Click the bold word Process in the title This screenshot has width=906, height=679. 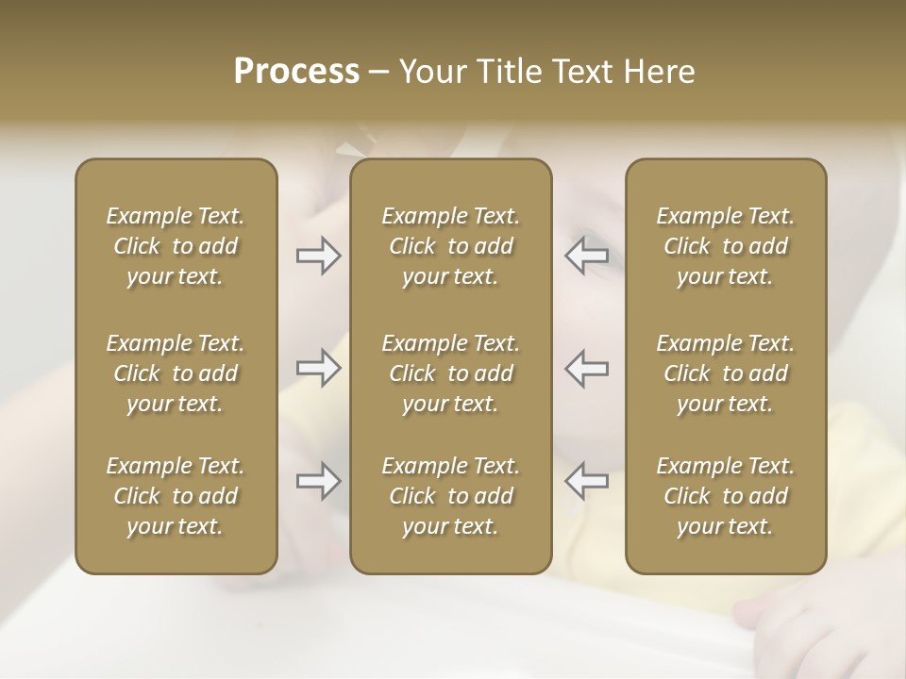click(296, 72)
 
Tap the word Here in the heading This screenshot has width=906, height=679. click(660, 72)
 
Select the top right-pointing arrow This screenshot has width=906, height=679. click(319, 256)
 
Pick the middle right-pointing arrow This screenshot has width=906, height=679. click(319, 368)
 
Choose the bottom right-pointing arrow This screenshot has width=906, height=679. click(319, 481)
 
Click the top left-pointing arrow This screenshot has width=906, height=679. click(586, 256)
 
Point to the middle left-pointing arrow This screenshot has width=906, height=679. click(586, 368)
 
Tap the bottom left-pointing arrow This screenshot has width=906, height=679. click(586, 481)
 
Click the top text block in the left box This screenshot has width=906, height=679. click(176, 246)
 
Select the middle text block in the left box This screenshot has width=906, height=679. click(176, 373)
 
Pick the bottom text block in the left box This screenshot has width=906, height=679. click(176, 496)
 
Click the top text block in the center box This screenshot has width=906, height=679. click(450, 246)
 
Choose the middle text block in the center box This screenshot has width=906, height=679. click(450, 373)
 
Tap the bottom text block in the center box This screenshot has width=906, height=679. click(450, 496)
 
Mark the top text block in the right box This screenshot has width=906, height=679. click(725, 246)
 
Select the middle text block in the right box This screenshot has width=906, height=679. click(725, 373)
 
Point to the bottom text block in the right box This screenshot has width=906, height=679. click(725, 496)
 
